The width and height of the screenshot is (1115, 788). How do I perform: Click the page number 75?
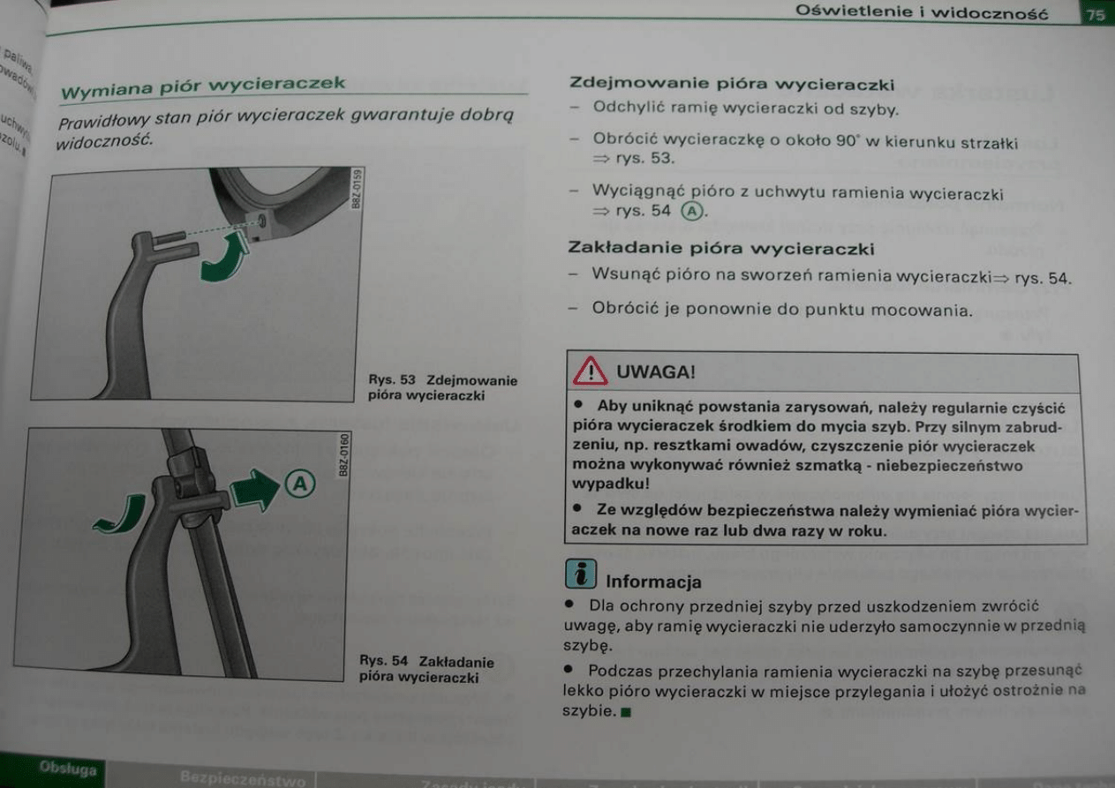(1096, 14)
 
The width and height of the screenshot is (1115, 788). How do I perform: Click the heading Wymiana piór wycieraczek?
(202, 86)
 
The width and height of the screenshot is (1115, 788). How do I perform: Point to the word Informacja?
(653, 582)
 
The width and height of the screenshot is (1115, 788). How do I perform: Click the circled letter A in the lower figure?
(300, 484)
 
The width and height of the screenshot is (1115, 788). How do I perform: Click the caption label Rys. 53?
(391, 380)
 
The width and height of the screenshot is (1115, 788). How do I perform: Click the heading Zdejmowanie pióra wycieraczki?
(732, 86)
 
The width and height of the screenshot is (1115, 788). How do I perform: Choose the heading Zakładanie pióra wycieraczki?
(722, 249)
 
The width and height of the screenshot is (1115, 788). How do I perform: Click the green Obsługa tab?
(67, 769)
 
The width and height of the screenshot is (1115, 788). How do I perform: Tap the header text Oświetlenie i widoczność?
(922, 12)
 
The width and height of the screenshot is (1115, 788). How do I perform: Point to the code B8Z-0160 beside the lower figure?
(345, 454)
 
